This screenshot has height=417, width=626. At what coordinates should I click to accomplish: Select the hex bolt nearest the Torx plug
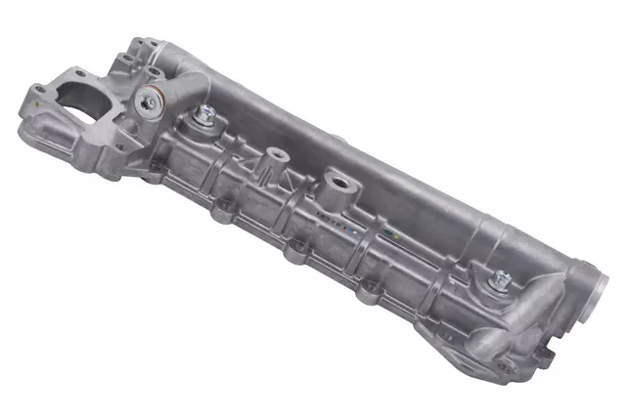click(x=207, y=114)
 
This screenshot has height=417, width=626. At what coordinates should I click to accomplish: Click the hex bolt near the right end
click(x=502, y=278)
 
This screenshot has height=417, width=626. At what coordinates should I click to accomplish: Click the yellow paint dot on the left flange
click(x=37, y=97)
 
